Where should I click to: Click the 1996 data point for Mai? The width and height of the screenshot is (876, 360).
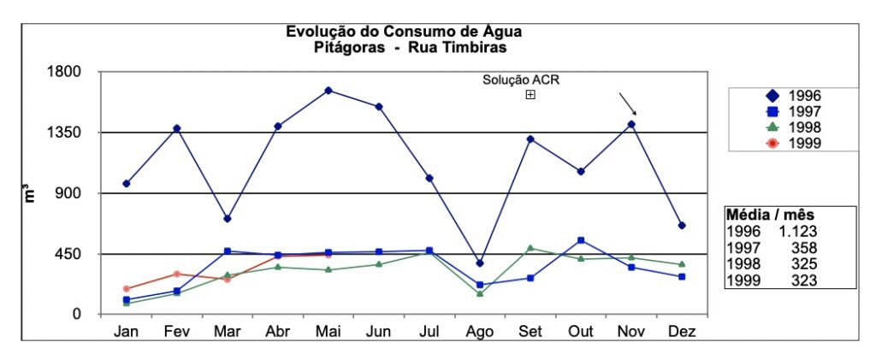tap(328, 91)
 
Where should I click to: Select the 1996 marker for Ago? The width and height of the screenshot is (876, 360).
tap(480, 263)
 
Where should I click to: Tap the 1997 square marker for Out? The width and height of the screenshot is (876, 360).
tap(581, 240)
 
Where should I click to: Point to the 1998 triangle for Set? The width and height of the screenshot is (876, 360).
tap(530, 248)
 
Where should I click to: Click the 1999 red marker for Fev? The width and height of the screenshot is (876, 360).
tap(177, 274)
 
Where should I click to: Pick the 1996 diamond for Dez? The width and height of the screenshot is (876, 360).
tap(682, 225)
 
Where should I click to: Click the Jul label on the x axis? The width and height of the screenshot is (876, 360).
tap(429, 332)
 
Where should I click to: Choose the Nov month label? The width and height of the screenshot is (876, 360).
tap(631, 332)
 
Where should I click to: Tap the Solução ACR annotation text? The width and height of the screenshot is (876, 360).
tap(521, 80)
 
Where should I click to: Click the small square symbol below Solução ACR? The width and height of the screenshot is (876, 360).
tap(530, 95)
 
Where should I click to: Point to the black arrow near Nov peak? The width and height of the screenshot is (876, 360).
tap(628, 104)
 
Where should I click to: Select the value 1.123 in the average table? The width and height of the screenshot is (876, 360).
tap(797, 231)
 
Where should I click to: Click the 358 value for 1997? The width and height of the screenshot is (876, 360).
tap(804, 248)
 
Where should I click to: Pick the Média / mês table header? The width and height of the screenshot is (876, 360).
tap(770, 214)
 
